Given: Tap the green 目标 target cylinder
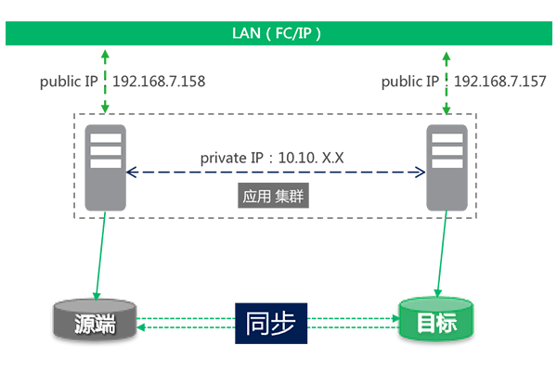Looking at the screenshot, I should pyautogui.click(x=435, y=323).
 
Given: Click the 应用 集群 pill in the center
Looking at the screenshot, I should pyautogui.click(x=267, y=197).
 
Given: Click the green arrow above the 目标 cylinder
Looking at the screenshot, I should pyautogui.click(x=436, y=255).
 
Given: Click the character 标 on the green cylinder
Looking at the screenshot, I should pyautogui.click(x=449, y=324).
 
